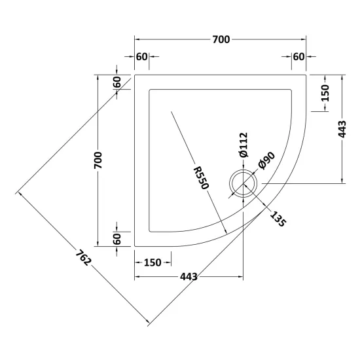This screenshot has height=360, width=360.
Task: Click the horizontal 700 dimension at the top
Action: pyautogui.click(x=221, y=39)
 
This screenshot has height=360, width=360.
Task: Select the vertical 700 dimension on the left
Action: pyautogui.click(x=98, y=160)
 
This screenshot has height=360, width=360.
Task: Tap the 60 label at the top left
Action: pyautogui.click(x=141, y=57)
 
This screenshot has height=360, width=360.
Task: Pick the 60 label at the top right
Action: pyautogui.click(x=299, y=57)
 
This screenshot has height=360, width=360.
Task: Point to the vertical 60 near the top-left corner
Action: pyautogui.click(x=117, y=82)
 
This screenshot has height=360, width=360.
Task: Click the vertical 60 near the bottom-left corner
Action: pyautogui.click(x=117, y=239)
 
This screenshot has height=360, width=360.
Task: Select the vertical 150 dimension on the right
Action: pyautogui.click(x=325, y=93)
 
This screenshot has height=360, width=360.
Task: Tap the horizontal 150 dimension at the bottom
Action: pyautogui.click(x=153, y=262)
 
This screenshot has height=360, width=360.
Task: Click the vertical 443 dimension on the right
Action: pyautogui.click(x=342, y=129)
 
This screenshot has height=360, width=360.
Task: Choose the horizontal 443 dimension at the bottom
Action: pyautogui.click(x=189, y=277)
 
